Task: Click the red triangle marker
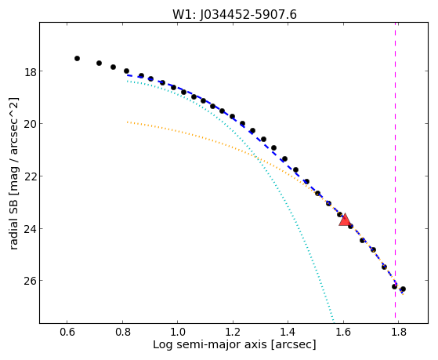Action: tap(345, 220)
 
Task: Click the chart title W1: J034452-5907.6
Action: tap(234, 15)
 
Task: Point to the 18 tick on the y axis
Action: tap(31, 71)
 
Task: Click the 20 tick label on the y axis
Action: tap(31, 124)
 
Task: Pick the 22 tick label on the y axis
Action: tap(31, 176)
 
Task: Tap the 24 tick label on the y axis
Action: tap(31, 229)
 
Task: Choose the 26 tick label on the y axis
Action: tap(31, 281)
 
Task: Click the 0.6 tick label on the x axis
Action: tap(67, 332)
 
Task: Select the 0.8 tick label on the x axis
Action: tap(122, 332)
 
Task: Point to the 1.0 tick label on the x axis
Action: tap(178, 332)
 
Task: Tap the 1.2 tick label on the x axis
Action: tap(233, 332)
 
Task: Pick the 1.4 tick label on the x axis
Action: tap(288, 332)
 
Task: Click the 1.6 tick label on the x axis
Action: tap(343, 332)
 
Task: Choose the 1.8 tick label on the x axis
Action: tap(399, 332)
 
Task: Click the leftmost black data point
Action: tap(77, 59)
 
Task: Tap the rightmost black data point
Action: tap(403, 289)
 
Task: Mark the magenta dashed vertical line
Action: tap(395, 173)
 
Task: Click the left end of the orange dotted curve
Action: tap(128, 122)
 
